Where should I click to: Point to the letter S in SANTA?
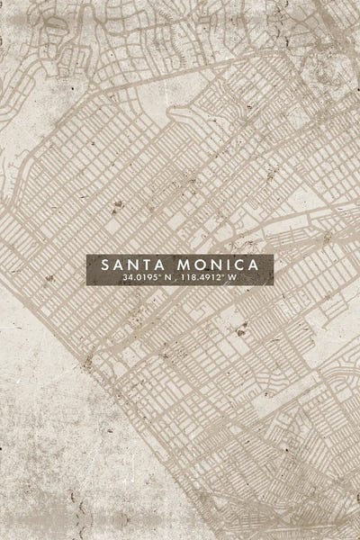pos(106,265)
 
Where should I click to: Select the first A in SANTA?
pos(119,265)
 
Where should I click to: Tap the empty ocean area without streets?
pos(54,450)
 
